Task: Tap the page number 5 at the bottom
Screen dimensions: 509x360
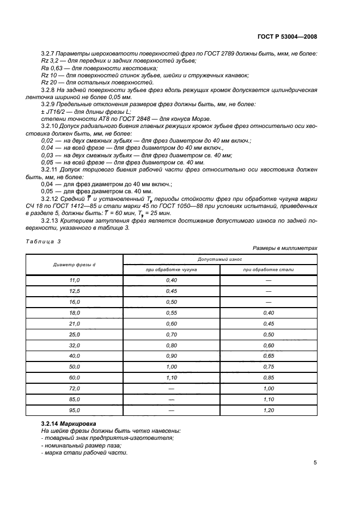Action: click(x=315, y=463)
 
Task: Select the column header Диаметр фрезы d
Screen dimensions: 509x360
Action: click(x=75, y=265)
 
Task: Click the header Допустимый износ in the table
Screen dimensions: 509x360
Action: click(x=220, y=260)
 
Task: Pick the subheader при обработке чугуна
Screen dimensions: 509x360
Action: click(x=171, y=269)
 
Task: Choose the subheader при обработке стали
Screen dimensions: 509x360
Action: click(x=269, y=269)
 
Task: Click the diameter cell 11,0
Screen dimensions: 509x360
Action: click(x=75, y=280)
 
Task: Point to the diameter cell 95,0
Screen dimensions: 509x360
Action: click(x=75, y=410)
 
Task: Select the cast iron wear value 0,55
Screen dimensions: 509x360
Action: click(x=171, y=313)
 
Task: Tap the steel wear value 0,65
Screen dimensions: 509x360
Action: click(x=269, y=356)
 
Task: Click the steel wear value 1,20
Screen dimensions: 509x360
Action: click(x=269, y=410)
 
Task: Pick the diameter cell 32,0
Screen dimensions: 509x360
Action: click(x=75, y=345)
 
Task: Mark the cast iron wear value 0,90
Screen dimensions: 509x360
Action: click(x=171, y=356)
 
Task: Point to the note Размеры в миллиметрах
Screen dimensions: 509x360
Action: click(x=289, y=248)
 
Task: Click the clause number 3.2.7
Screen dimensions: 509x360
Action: click(x=48, y=53)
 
